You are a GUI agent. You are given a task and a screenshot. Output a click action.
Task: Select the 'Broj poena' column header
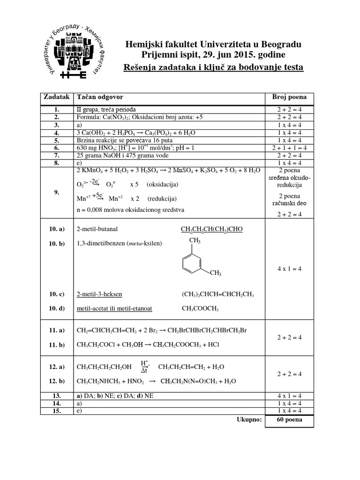(x=289, y=97)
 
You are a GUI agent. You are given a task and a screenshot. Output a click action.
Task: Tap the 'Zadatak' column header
(x=56, y=97)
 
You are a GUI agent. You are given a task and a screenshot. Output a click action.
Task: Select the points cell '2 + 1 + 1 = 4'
(x=289, y=147)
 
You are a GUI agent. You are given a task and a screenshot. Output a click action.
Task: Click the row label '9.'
(x=56, y=192)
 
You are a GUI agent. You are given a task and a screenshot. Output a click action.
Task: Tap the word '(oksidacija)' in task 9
(x=162, y=184)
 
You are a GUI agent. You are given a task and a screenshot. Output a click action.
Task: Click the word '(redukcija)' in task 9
(x=162, y=198)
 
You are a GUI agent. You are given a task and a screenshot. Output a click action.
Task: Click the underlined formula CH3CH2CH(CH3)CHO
(x=212, y=229)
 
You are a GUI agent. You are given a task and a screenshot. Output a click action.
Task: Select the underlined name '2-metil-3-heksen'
(x=99, y=294)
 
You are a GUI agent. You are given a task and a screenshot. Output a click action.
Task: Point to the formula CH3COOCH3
(x=200, y=309)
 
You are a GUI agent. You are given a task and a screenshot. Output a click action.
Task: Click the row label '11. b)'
(x=56, y=345)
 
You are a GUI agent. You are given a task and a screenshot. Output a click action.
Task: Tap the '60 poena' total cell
(x=289, y=420)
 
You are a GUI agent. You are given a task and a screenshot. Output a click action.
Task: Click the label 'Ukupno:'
(x=249, y=420)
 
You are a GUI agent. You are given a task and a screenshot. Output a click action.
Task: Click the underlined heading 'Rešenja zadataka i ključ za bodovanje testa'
(x=213, y=67)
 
